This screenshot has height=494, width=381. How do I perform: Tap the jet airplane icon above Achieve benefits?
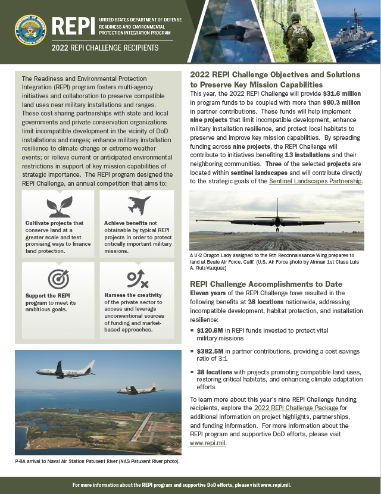[x=139, y=205]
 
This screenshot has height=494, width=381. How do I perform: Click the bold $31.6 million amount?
[x=342, y=94]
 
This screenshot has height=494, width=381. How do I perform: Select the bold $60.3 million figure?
[x=341, y=102]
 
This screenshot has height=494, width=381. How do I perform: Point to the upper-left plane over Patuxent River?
[x=65, y=370]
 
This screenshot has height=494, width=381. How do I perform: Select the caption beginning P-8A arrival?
[x=97, y=461]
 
